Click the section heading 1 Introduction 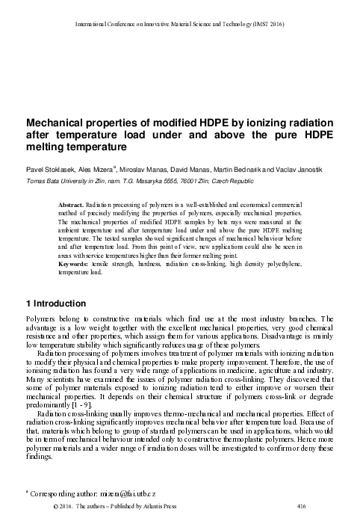click(x=57, y=303)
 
